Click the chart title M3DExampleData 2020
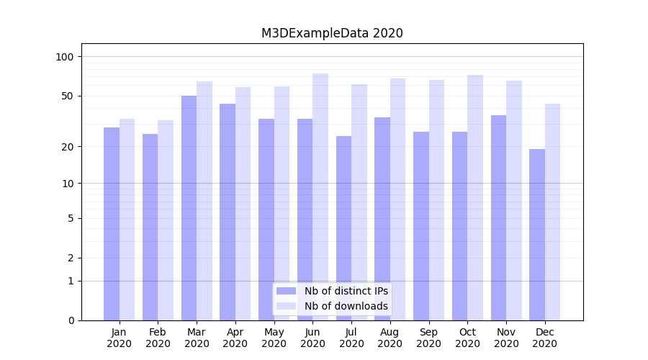(x=332, y=33)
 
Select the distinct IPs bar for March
(x=189, y=208)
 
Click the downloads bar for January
(x=127, y=220)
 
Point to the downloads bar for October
(x=475, y=197)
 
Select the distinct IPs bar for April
(x=228, y=212)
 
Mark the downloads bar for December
(x=552, y=212)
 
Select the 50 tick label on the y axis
(x=67, y=96)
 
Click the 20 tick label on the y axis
(x=67, y=147)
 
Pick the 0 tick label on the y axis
(x=71, y=320)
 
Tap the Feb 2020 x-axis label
(x=158, y=338)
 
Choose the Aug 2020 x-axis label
(x=390, y=338)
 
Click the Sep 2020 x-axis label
(x=428, y=338)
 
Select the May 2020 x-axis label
(x=274, y=338)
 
